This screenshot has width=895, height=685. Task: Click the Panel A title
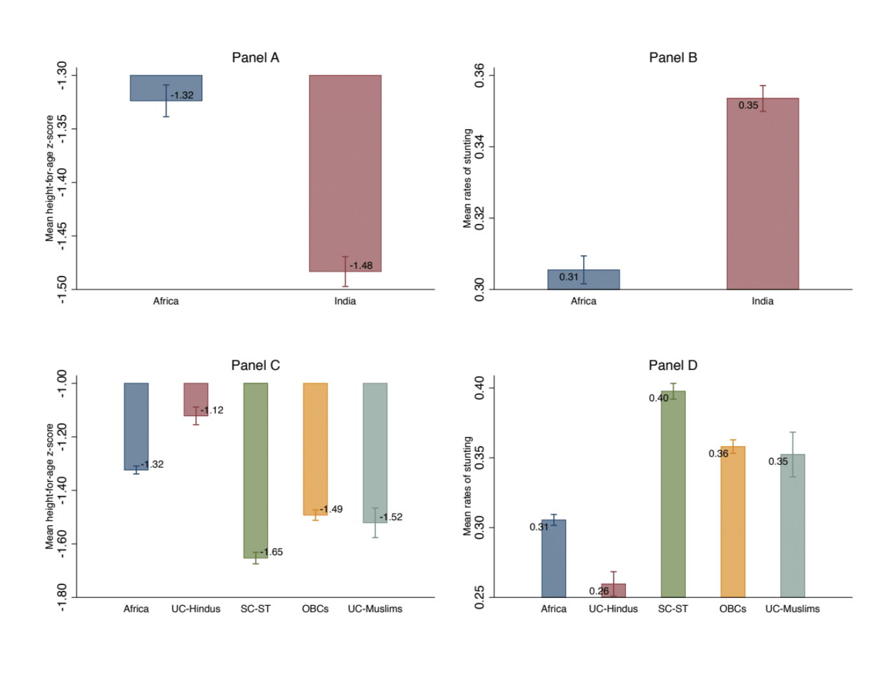256,58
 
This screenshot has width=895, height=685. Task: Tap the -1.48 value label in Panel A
361,266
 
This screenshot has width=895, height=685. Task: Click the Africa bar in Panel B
583,280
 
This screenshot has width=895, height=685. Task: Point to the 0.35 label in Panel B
748,105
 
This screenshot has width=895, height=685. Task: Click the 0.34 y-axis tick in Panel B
480,147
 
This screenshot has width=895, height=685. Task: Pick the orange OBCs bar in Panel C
315,449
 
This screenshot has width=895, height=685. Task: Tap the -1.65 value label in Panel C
272,552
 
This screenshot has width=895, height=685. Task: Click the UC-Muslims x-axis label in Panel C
375,609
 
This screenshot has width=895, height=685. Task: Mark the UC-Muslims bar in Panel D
793,525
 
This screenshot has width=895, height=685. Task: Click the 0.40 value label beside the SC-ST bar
658,398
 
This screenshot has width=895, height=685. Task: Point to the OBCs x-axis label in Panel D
733,609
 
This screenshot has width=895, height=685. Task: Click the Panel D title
673,366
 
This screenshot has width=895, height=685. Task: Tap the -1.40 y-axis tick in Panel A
62,182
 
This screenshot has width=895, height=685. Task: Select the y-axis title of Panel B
467,179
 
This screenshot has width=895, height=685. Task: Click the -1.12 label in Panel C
212,410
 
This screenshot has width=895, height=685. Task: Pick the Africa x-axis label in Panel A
166,301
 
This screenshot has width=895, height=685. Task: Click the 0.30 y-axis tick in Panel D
480,528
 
